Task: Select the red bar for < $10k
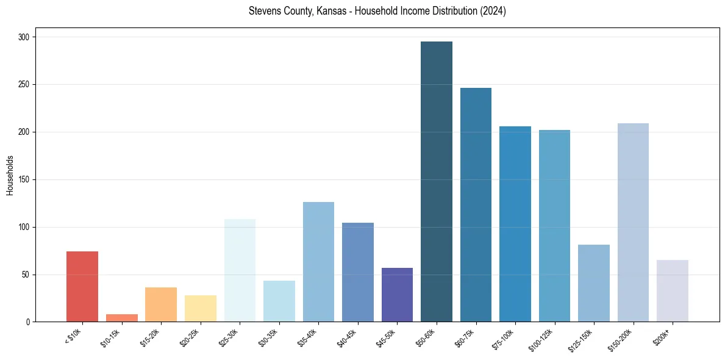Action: pyautogui.click(x=82, y=286)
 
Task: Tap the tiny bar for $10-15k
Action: pyautogui.click(x=122, y=318)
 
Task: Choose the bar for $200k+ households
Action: pyautogui.click(x=672, y=290)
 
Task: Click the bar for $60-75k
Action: pyautogui.click(x=476, y=204)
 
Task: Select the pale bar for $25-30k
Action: pyautogui.click(x=240, y=270)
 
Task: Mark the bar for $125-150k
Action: pyautogui.click(x=593, y=283)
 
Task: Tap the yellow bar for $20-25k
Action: pyautogui.click(x=201, y=308)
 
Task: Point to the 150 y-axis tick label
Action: pyautogui.click(x=26, y=180)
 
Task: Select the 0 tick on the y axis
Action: pyautogui.click(x=29, y=322)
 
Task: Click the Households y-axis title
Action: pyautogui.click(x=10, y=175)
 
